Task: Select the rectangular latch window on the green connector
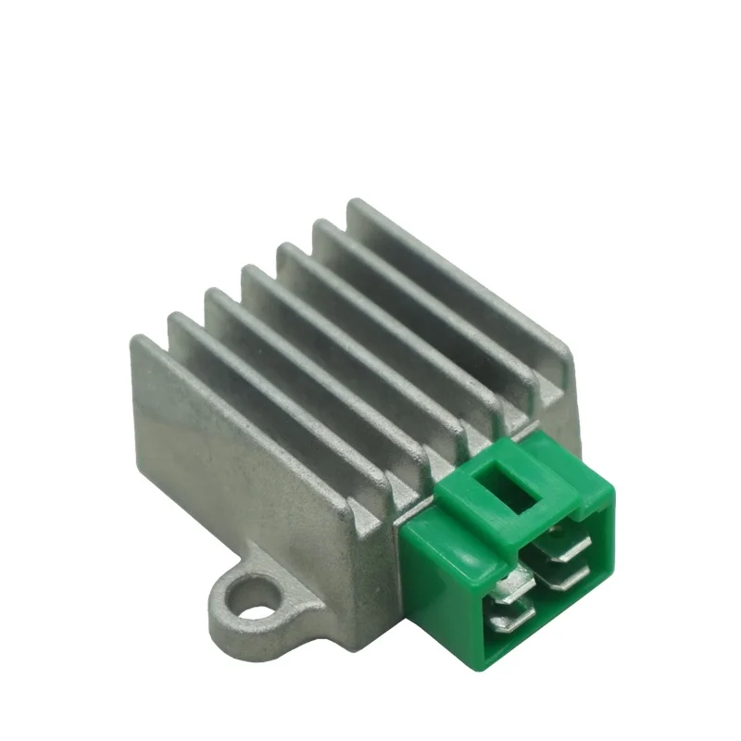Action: (512, 487)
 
